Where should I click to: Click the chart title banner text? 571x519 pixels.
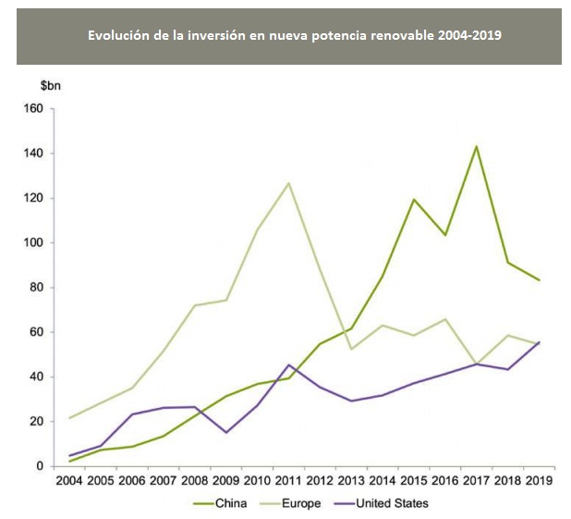[288, 36]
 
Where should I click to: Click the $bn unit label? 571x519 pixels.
[51, 86]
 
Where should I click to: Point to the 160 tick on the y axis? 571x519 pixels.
[32, 108]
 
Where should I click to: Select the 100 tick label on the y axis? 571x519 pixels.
[32, 242]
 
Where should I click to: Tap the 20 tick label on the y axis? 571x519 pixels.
[36, 421]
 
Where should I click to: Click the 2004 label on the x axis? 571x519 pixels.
[70, 481]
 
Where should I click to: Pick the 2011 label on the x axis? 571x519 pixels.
[288, 481]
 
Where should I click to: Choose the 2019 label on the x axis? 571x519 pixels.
[539, 481]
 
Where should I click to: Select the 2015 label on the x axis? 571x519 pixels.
[413, 481]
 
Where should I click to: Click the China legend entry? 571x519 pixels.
[227, 503]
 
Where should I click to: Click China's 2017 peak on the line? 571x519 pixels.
[476, 146]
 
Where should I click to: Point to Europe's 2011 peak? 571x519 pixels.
[288, 183]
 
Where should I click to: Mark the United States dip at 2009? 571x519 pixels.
[225, 432]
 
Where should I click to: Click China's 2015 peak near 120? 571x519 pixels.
[413, 200]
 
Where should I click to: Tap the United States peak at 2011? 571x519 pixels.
[288, 365]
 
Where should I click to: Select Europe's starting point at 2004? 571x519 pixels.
[70, 418]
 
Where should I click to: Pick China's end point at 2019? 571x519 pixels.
[539, 280]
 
